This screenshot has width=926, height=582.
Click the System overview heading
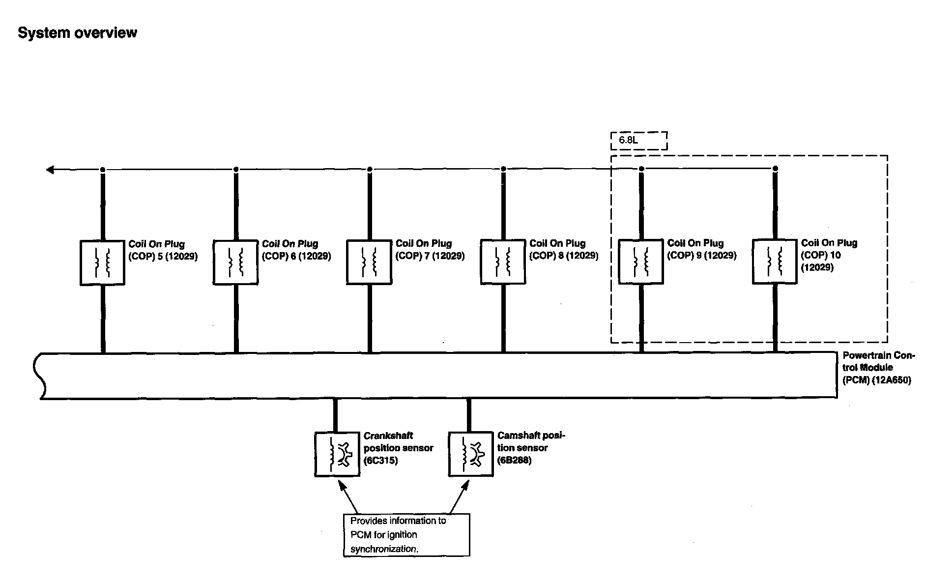click(77, 33)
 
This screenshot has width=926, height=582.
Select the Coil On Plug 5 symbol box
click(102, 262)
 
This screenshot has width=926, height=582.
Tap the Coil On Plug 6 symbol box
click(235, 262)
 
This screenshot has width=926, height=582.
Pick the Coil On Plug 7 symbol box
click(369, 262)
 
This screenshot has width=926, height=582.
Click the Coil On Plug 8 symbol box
click(503, 262)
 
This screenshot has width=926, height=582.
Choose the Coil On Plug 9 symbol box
click(640, 262)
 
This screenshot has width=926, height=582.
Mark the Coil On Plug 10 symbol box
click(775, 262)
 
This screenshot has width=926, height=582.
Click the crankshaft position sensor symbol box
click(337, 454)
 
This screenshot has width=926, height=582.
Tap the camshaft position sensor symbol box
click(471, 454)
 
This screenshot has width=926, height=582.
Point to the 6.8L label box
click(639, 141)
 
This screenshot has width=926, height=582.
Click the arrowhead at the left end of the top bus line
click(50, 170)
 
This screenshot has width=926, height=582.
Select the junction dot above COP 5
click(102, 170)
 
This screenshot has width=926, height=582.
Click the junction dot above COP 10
click(775, 169)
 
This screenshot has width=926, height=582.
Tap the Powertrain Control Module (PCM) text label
click(877, 368)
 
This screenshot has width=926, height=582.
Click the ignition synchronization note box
click(406, 535)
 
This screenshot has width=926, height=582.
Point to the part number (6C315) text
click(380, 461)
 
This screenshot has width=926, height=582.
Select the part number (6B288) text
click(514, 460)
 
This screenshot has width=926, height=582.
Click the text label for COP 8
click(563, 250)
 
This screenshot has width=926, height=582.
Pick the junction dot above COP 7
click(370, 169)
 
